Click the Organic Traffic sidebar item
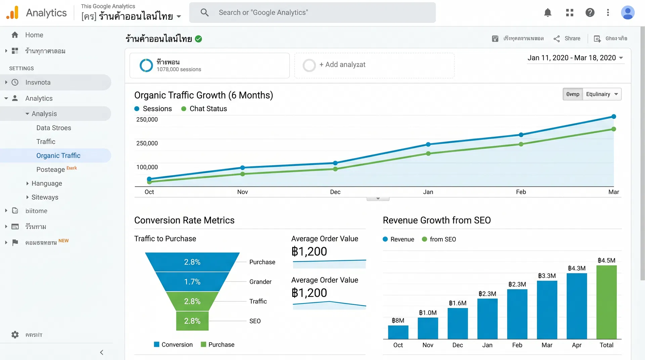click(58, 155)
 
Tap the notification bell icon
click(548, 13)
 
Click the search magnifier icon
click(204, 13)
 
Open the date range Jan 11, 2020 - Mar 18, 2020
click(575, 58)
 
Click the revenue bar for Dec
click(457, 323)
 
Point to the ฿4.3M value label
click(576, 268)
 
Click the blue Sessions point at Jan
click(428, 144)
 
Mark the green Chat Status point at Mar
click(613, 129)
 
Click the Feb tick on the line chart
click(521, 192)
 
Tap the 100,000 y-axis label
click(147, 167)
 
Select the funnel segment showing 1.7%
click(192, 281)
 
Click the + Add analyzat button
click(342, 65)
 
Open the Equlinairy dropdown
click(602, 94)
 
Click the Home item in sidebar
click(34, 35)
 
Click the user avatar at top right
click(627, 13)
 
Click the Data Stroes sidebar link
click(53, 128)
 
